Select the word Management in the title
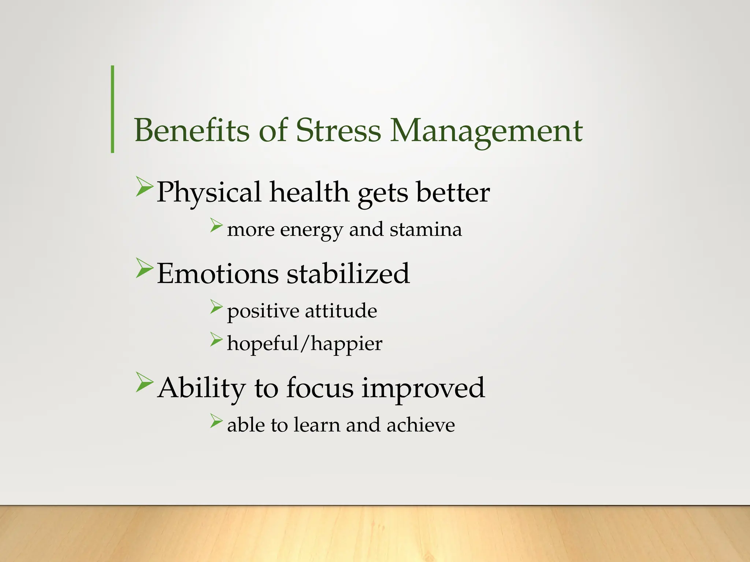[x=486, y=131]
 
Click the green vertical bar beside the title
[x=112, y=109]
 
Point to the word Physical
[x=209, y=193]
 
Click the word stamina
[x=426, y=230]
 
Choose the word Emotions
[x=218, y=274]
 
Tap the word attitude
[x=341, y=311]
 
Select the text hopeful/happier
[x=304, y=344]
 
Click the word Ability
[x=201, y=388]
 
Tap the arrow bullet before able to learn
[x=216, y=421]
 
